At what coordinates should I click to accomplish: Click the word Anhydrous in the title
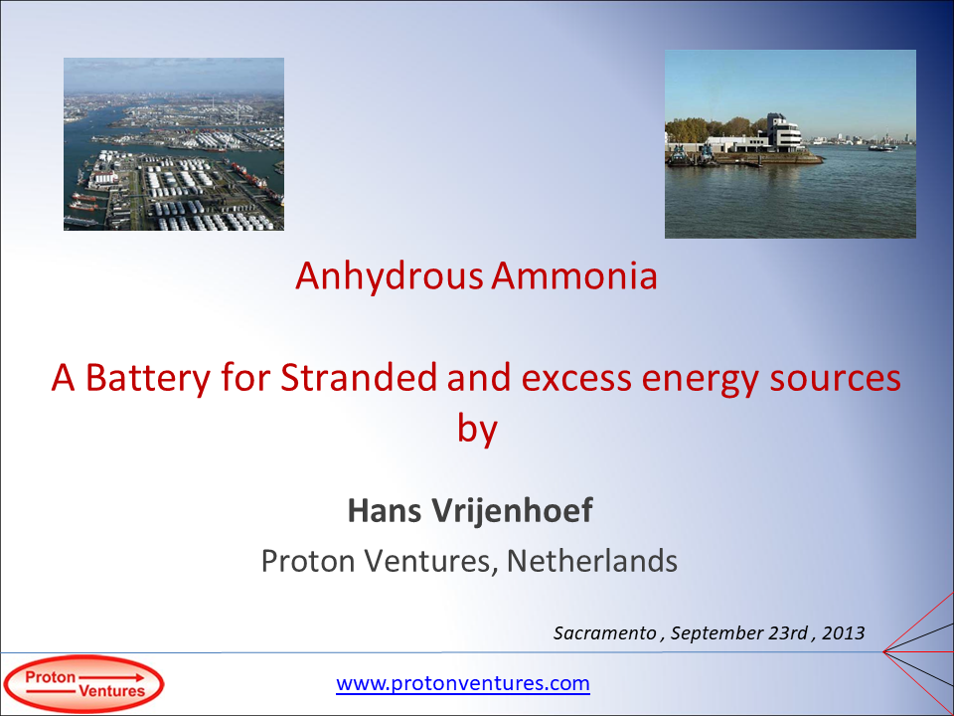[390, 276]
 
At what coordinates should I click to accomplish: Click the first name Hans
[384, 511]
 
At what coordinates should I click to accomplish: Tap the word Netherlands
[592, 562]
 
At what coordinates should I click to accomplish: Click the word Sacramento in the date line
[605, 632]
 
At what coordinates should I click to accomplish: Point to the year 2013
[844, 632]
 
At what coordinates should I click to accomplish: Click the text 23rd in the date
[784, 632]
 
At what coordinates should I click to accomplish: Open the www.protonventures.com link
[463, 684]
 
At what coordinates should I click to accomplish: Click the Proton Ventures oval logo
[83, 684]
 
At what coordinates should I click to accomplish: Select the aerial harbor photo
[174, 144]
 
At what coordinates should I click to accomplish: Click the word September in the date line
[709, 632]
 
